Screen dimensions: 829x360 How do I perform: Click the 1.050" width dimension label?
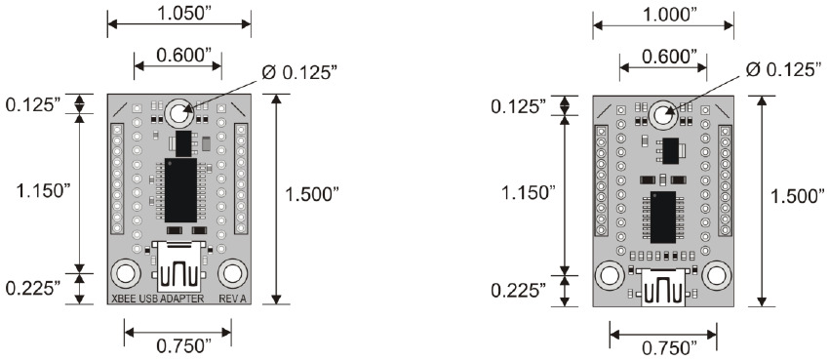click(x=178, y=14)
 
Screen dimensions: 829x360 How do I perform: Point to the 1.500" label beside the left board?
click(x=311, y=194)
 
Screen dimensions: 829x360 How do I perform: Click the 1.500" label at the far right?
click(x=797, y=196)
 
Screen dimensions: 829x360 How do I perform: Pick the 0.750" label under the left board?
click(x=184, y=346)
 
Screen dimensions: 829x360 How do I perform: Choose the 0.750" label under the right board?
click(x=669, y=348)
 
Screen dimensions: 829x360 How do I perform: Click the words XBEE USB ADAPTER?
click(x=158, y=299)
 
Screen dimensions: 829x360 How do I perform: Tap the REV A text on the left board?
click(x=233, y=299)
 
